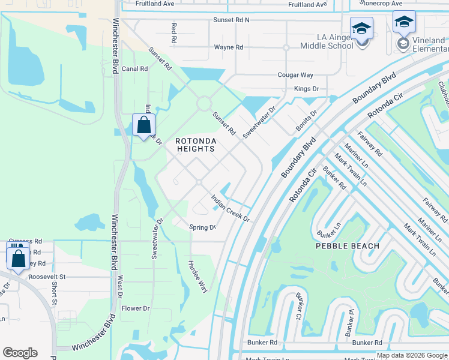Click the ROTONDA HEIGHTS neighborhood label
pyautogui.click(x=195, y=145)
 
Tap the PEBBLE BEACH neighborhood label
pyautogui.click(x=348, y=246)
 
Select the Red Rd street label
pyautogui.click(x=174, y=32)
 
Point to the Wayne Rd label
pyautogui.click(x=228, y=47)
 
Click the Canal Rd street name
pyautogui.click(x=135, y=69)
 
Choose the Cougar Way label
pyautogui.click(x=295, y=75)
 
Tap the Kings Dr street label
pyautogui.click(x=306, y=89)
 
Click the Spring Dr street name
pyautogui.click(x=202, y=228)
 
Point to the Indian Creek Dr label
pyautogui.click(x=229, y=208)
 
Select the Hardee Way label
pyautogui.click(x=197, y=276)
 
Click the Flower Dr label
pyautogui.click(x=135, y=308)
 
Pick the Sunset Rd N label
pyautogui.click(x=231, y=20)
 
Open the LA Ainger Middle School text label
pyautogui.click(x=327, y=41)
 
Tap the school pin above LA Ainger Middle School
pyautogui.click(x=361, y=29)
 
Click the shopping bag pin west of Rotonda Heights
pyautogui.click(x=143, y=126)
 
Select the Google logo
pyautogui.click(x=20, y=353)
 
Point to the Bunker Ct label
pyautogui.click(x=298, y=311)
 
